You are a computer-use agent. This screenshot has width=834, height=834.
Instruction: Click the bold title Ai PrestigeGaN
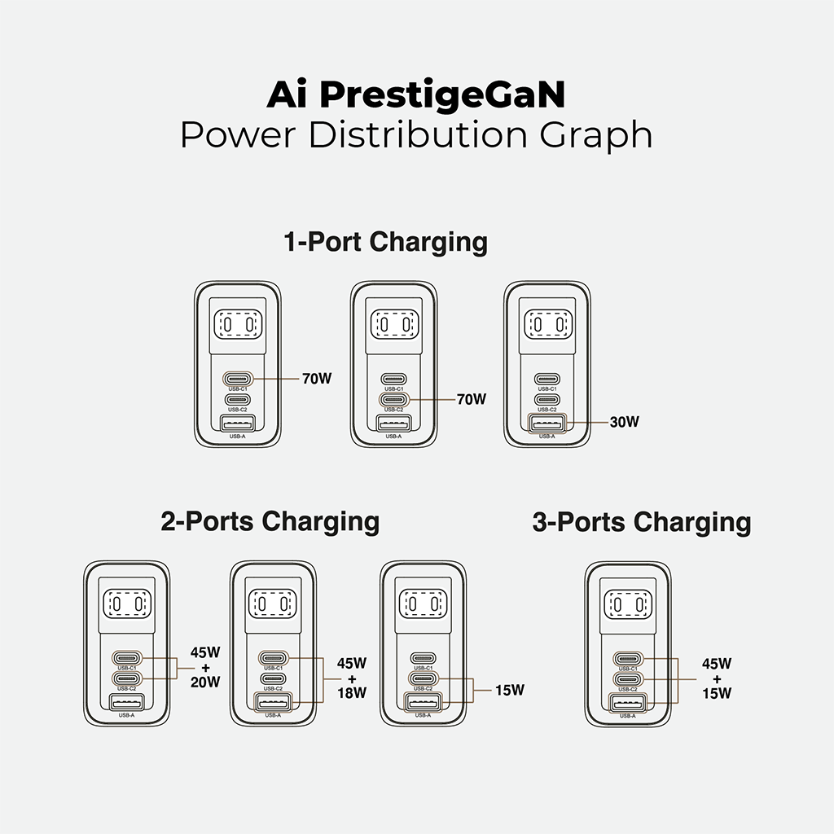pos(416,95)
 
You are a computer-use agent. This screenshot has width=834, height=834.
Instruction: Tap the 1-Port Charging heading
pos(385,242)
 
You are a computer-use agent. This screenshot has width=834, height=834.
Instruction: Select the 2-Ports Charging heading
pos(270,521)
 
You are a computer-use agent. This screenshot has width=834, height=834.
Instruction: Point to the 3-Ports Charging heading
pos(642,521)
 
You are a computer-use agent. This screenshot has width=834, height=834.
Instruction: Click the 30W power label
pos(625,422)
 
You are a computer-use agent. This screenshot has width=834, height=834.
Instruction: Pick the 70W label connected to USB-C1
pos(317,379)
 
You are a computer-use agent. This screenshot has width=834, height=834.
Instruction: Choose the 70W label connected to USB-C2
pos(471,399)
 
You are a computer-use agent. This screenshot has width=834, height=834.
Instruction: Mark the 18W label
pos(352,692)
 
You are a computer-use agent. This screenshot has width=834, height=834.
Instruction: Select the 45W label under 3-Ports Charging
pos(717,663)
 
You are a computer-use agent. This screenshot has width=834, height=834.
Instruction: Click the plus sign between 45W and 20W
pos(205,668)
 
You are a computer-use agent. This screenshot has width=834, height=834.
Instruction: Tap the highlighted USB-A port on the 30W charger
pos(546,423)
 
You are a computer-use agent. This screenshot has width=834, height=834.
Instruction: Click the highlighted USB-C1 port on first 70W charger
pos(238,379)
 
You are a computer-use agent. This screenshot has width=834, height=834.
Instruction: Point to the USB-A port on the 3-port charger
pos(627,701)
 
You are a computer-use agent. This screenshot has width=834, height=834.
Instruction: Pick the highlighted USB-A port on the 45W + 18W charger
pos(273,701)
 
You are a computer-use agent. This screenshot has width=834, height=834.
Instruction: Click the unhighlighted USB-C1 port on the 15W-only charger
pos(423,657)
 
